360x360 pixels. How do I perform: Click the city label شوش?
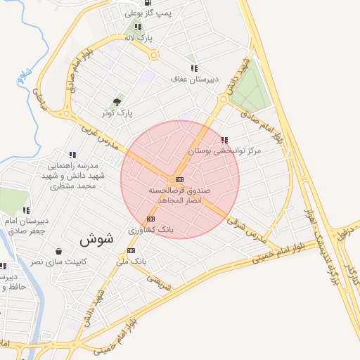tap(96, 239)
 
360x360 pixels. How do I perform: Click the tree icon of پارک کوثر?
tap(117, 102)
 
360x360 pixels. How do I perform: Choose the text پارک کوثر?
tap(117, 112)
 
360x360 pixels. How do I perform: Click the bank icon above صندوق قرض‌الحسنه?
tap(179, 180)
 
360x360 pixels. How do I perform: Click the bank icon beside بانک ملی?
tap(131, 251)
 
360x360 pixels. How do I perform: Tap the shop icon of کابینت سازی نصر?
tap(58, 251)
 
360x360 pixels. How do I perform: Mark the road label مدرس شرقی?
tap(247, 230)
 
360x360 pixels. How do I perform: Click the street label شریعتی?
tap(158, 280)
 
